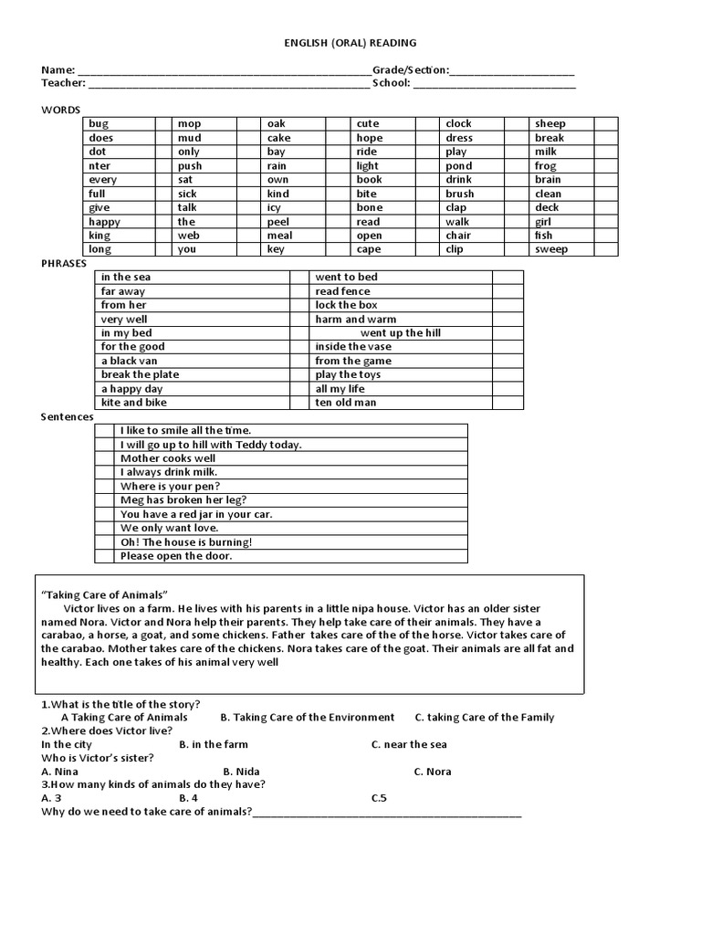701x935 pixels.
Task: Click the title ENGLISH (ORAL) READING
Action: (x=351, y=42)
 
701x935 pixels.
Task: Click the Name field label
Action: (x=58, y=70)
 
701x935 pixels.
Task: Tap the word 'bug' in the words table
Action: (x=99, y=124)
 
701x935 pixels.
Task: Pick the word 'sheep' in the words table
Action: (x=550, y=124)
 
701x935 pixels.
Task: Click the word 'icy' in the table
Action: (x=275, y=208)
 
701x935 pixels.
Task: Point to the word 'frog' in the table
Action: (x=545, y=166)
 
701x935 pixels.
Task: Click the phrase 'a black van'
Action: (x=130, y=361)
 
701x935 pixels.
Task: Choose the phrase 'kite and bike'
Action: (x=134, y=403)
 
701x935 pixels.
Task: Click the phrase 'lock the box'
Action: (x=346, y=305)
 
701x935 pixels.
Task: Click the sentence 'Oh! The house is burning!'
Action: (x=186, y=542)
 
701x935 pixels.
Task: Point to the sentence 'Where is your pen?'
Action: (x=170, y=487)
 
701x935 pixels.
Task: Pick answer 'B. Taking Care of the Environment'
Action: (x=308, y=718)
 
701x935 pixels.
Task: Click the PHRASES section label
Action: (x=64, y=263)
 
